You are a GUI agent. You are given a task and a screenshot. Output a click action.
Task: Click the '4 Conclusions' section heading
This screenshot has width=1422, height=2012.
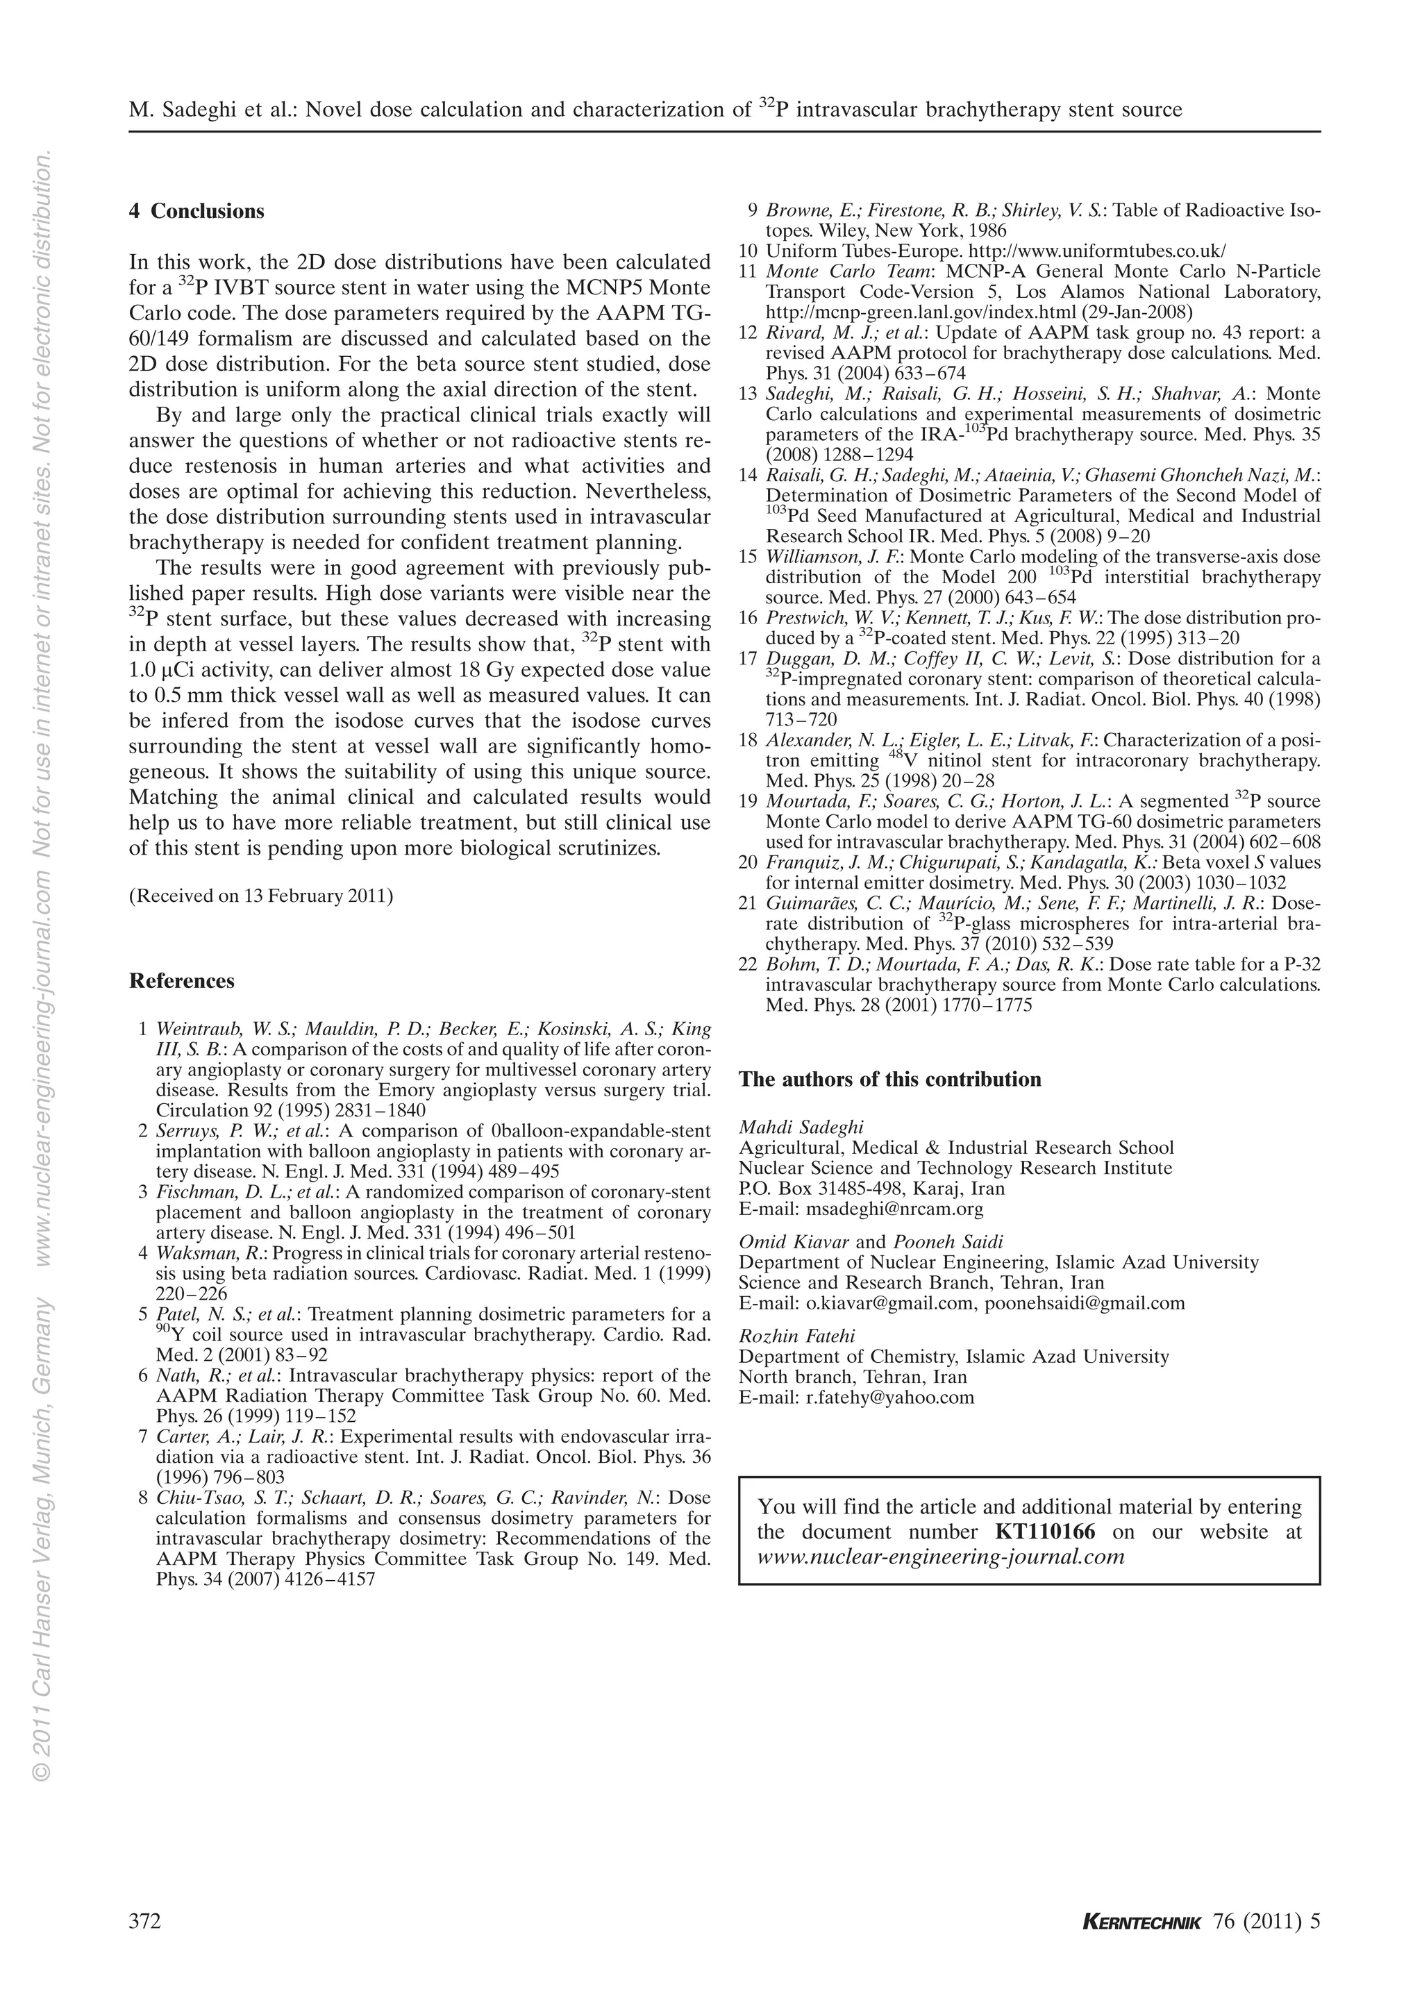(x=196, y=211)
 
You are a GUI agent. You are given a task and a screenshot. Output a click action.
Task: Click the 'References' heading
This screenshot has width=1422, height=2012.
(x=181, y=980)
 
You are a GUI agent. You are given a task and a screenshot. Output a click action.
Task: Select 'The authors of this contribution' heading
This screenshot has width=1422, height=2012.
(x=889, y=1080)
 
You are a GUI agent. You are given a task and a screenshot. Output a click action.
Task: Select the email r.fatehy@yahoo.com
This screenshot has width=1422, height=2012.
(x=889, y=1398)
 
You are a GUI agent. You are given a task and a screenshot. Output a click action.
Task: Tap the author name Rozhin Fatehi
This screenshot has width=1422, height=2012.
(x=796, y=1336)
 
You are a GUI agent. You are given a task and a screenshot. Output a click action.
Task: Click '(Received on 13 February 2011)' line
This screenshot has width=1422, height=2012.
(x=261, y=896)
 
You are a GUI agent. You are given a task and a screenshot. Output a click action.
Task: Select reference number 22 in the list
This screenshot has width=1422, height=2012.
(x=747, y=965)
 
